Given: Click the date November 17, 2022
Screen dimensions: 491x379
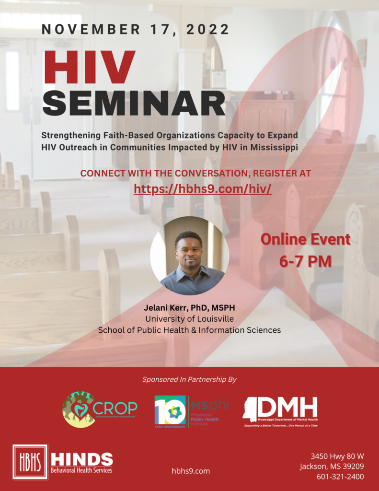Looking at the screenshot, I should pyautogui.click(x=136, y=29).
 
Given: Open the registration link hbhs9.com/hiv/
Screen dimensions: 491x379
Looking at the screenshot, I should pyautogui.click(x=203, y=188).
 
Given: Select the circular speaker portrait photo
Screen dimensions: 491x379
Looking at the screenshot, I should pyautogui.click(x=189, y=256).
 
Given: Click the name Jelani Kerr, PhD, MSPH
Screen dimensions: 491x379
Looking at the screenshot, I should pyautogui.click(x=189, y=307).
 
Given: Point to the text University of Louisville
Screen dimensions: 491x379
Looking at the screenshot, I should pyautogui.click(x=189, y=318).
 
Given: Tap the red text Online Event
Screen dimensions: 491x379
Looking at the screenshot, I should pyautogui.click(x=305, y=240).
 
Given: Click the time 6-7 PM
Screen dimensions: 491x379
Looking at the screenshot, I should pyautogui.click(x=305, y=261).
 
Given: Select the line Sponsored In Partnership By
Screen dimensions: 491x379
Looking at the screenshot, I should pyautogui.click(x=189, y=379).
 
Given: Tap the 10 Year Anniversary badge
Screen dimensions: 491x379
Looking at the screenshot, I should pyautogui.click(x=170, y=411).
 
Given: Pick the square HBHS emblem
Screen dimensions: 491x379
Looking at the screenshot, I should pyautogui.click(x=30, y=462).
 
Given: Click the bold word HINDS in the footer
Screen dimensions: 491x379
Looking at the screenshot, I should pyautogui.click(x=82, y=459).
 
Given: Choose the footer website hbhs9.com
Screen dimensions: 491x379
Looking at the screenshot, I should pyautogui.click(x=191, y=471).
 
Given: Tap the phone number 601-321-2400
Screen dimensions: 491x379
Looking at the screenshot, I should pyautogui.click(x=340, y=477).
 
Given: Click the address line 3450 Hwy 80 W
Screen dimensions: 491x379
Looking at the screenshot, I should pyautogui.click(x=337, y=456).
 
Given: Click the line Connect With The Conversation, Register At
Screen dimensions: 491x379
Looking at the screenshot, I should pyautogui.click(x=195, y=173).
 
